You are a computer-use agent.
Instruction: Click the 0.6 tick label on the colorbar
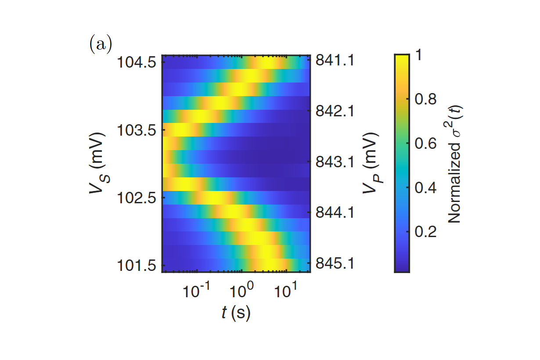pos(425,144)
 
